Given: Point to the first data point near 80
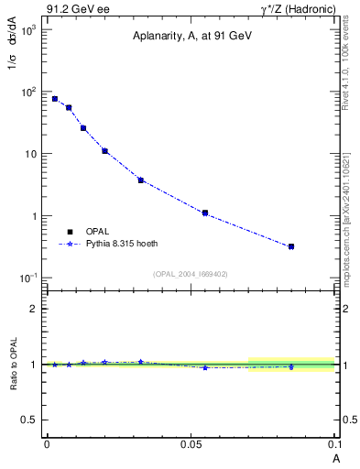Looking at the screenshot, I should [x=55, y=99].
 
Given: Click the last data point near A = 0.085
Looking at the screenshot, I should [x=291, y=246].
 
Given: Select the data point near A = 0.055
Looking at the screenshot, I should [x=205, y=213].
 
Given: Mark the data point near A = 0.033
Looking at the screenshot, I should [x=140, y=180].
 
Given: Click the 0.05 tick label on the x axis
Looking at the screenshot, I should [x=191, y=444].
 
